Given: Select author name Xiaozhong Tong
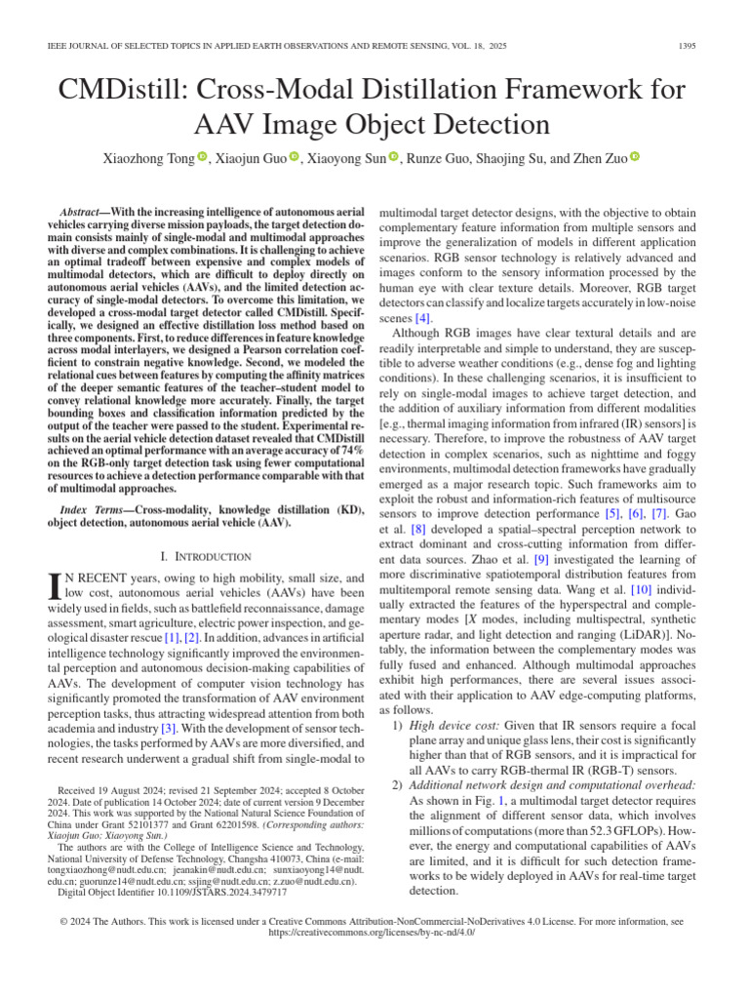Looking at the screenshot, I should coord(149,157).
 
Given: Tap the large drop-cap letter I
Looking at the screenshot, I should coord(55,586).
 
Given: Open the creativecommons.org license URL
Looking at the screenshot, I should coord(374,932).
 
